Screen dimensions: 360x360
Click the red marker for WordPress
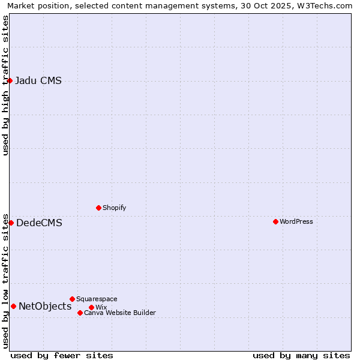pos(275,221)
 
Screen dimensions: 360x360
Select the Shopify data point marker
pos(98,208)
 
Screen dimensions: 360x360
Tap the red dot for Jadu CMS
pos(10,80)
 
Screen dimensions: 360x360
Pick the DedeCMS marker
pos(11,223)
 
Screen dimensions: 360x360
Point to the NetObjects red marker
pos(13,306)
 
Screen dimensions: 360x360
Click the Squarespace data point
pos(72,299)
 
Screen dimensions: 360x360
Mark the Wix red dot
pos(91,307)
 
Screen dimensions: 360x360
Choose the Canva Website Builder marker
pos(80,313)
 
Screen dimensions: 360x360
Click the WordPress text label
pos(296,221)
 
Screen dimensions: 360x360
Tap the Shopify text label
pos(114,208)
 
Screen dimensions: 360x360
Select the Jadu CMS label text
pos(38,81)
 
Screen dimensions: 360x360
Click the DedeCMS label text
pos(39,223)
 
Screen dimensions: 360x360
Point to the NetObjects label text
pos(45,307)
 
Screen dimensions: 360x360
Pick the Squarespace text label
pos(97,299)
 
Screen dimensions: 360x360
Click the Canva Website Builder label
pos(120,313)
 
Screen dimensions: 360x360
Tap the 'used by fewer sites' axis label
pos(62,355)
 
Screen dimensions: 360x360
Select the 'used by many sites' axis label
pos(301,355)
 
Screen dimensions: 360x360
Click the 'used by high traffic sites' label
pos(5,85)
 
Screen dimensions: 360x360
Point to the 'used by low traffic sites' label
pos(5,280)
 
